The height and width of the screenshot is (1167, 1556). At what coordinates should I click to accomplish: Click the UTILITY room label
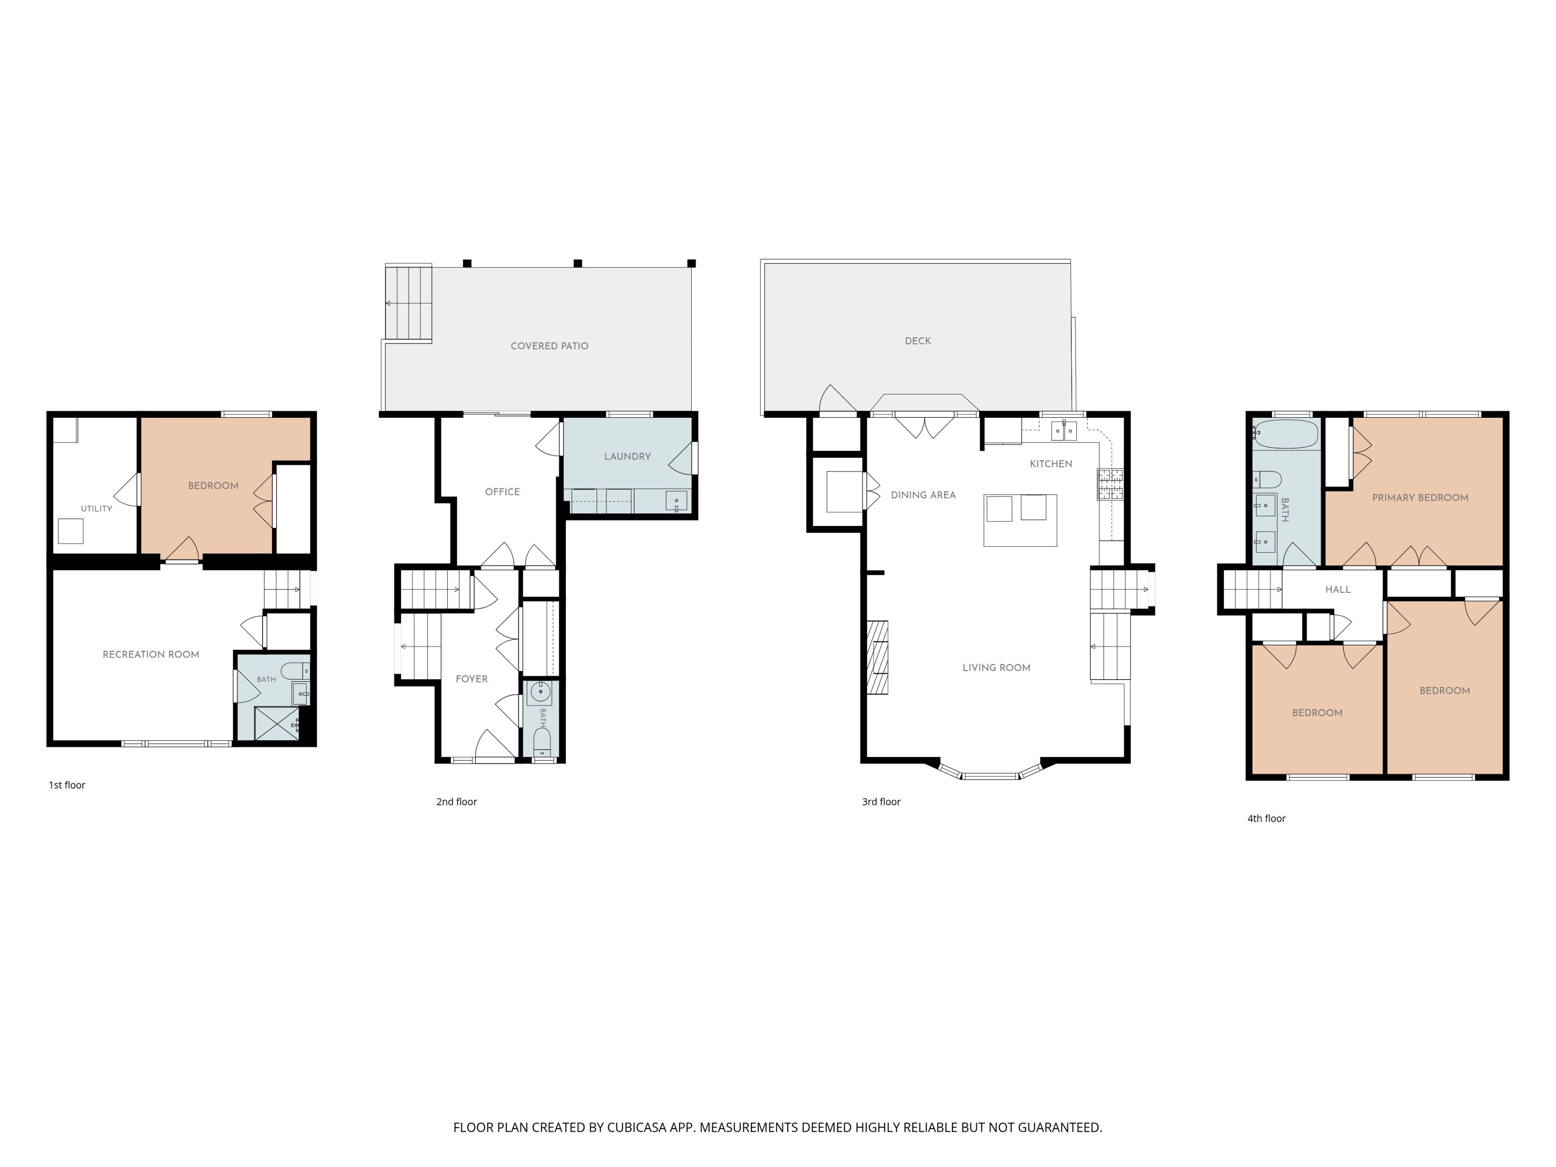point(96,509)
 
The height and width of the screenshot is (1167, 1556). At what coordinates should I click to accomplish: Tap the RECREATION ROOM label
point(151,654)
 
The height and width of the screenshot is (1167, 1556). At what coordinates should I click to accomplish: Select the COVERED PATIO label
point(549,346)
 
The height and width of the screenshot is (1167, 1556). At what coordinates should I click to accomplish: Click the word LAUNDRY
point(627,457)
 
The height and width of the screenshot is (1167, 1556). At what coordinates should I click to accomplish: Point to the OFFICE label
point(502,492)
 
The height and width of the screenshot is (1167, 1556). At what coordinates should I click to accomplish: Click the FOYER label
point(471,679)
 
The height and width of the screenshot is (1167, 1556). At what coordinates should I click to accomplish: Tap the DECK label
point(918,341)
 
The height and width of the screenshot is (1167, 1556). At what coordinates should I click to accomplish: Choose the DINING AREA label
point(923,495)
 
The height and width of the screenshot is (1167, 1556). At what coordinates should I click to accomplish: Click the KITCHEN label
point(1051,464)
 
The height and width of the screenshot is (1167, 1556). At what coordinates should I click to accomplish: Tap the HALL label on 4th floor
point(1338,590)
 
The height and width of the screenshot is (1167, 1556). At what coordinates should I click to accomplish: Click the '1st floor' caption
point(67,785)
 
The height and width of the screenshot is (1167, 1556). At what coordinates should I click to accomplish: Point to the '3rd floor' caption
point(881,802)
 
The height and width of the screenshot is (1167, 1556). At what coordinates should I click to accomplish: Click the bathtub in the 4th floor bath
point(1286,434)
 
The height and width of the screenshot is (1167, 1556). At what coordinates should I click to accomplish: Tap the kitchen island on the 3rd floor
point(1020,520)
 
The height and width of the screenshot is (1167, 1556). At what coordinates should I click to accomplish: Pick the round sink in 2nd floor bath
point(540,692)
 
